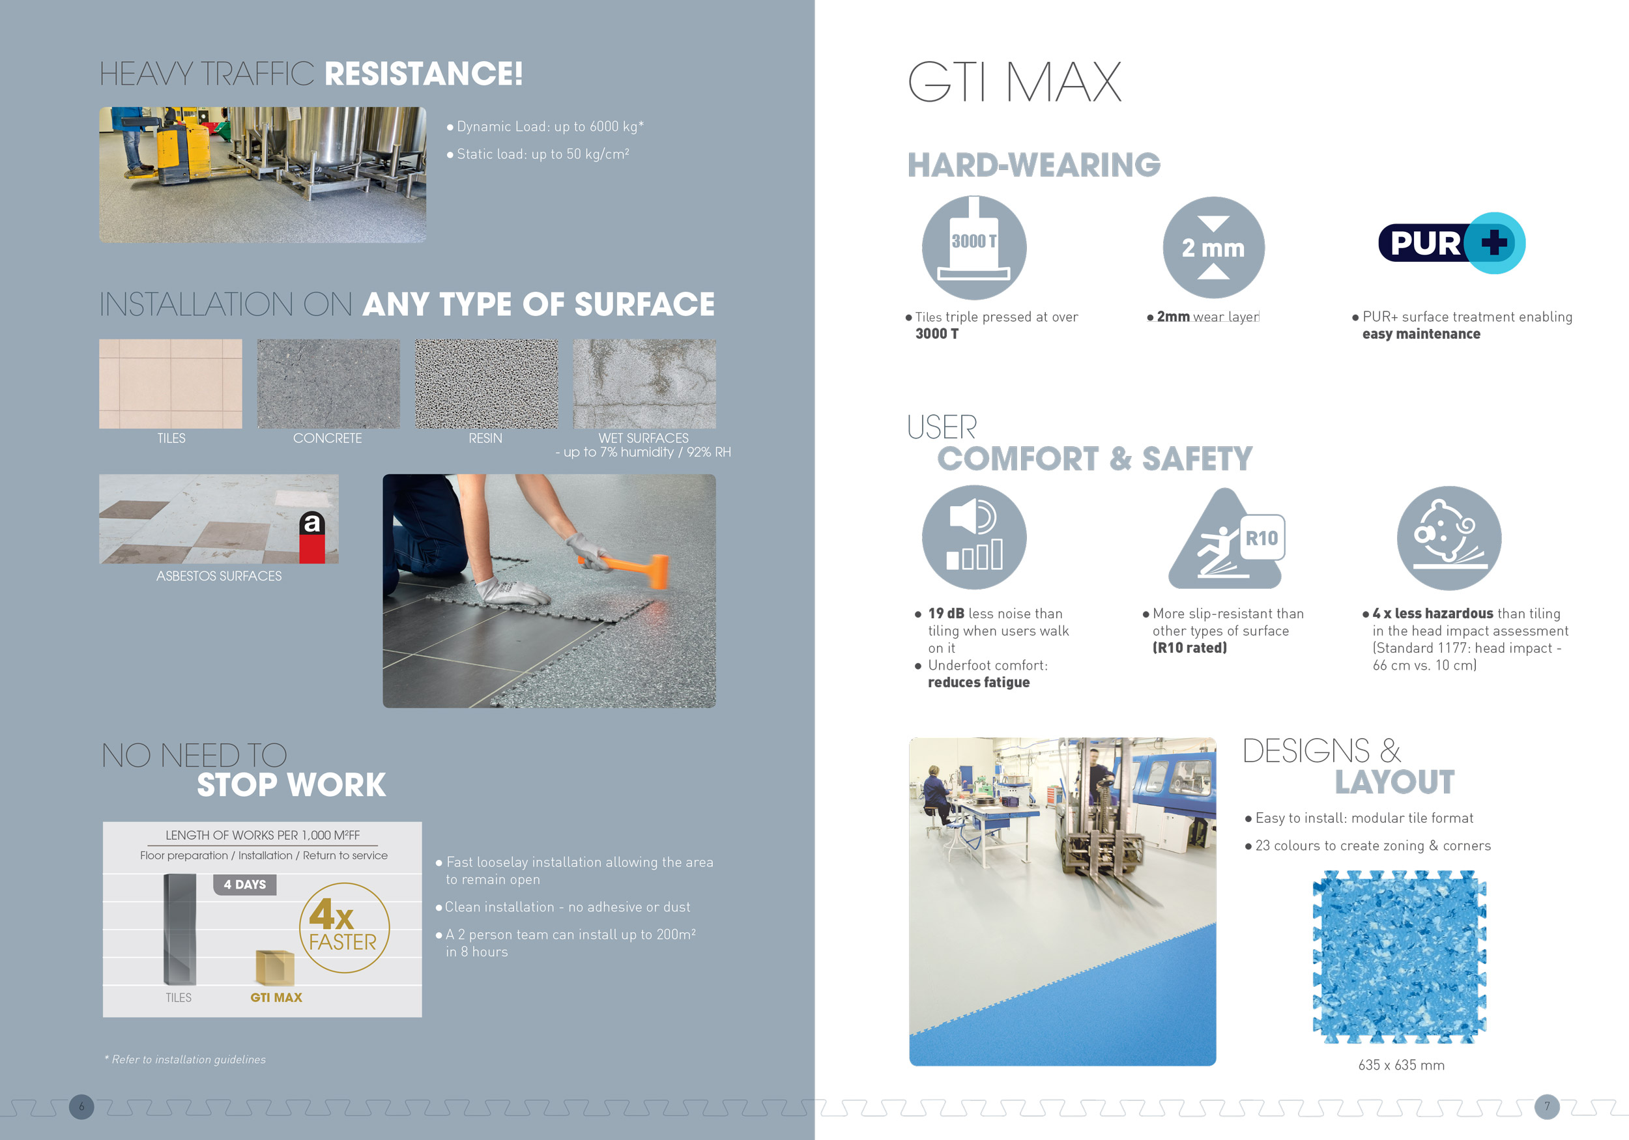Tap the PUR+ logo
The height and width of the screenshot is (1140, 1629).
click(1452, 242)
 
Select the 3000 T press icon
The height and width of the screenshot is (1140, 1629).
click(973, 248)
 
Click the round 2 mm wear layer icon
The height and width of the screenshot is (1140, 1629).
click(1213, 248)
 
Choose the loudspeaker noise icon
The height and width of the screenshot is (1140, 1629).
click(973, 537)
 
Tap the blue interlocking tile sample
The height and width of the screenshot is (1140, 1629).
click(1399, 957)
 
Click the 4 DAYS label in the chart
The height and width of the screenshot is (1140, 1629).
click(245, 885)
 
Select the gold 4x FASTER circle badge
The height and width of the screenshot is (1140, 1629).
click(344, 928)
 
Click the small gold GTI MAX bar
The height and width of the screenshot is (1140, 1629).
click(274, 967)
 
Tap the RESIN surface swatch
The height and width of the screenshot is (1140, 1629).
click(486, 384)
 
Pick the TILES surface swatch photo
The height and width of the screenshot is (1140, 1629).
click(170, 384)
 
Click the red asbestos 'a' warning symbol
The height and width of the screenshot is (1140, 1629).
click(312, 536)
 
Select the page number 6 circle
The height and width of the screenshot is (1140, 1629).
click(81, 1107)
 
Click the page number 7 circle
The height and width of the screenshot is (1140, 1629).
click(1547, 1107)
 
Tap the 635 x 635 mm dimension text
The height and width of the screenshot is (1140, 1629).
click(1401, 1065)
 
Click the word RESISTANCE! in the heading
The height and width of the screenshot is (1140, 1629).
click(424, 74)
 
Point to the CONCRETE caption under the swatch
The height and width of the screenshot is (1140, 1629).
click(327, 438)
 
